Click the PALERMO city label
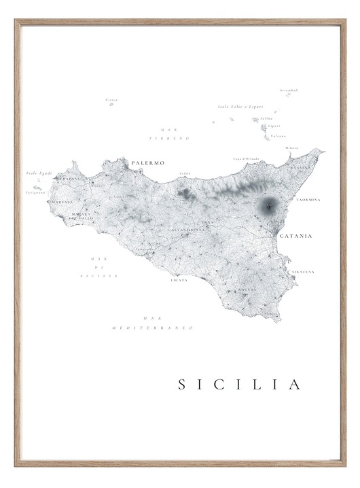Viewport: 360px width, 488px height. pos(148,163)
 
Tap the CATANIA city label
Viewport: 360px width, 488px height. pos(295,236)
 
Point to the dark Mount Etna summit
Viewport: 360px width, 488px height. pos(268,205)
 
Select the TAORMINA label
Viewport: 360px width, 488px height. pos(308,200)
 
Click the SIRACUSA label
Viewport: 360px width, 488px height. pos(303,272)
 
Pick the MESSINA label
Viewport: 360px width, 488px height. pos(300,167)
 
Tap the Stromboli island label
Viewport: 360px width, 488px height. pos(289,90)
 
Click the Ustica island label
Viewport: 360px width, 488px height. pos(111,100)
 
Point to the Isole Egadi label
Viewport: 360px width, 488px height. pos(39,173)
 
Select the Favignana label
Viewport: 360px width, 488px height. pos(36,192)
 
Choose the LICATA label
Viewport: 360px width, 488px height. pos(179,279)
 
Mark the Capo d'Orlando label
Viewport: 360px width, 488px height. pos(246,159)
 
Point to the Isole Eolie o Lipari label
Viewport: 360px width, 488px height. pos(240,107)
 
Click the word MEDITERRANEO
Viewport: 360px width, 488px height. pos(153,328)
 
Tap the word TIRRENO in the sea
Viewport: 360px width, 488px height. pos(175,138)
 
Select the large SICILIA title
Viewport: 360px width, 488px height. pos(239,385)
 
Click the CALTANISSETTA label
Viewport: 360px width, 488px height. pos(185,230)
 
